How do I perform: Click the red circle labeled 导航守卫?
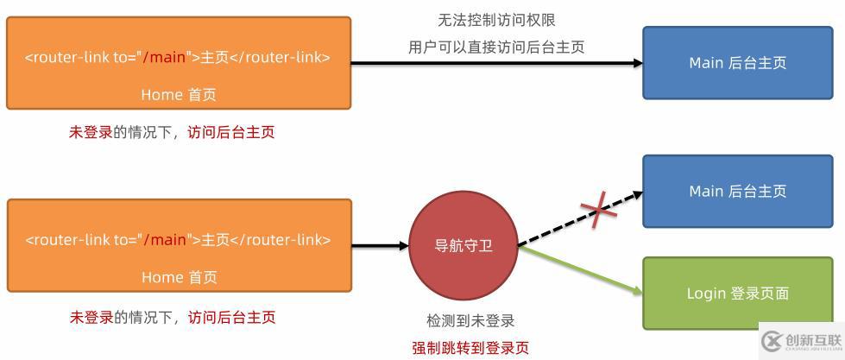[x=464, y=245]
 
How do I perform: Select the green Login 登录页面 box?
[x=737, y=294]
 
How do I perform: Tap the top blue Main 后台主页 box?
[x=737, y=63]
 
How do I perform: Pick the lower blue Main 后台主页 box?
[x=737, y=192]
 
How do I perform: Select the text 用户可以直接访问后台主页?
[x=496, y=47]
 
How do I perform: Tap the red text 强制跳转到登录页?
[x=470, y=349]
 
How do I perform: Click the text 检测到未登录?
[x=470, y=321]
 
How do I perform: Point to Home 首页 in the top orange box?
[x=179, y=95]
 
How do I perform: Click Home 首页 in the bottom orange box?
[x=179, y=277]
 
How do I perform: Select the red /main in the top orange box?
[x=165, y=58]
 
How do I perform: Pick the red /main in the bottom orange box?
[x=166, y=240]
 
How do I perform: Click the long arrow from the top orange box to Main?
[x=496, y=63]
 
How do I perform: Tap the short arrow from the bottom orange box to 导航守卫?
[x=380, y=246]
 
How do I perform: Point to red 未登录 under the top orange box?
[x=91, y=132]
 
